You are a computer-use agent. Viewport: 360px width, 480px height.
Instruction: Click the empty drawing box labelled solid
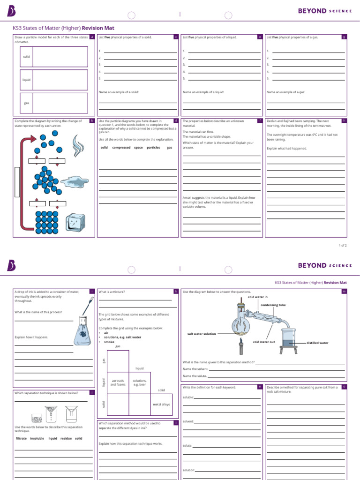[60, 57]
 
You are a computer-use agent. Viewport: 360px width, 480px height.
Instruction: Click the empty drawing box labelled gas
[60, 103]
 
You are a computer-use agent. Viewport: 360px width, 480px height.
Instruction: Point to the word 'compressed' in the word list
[121, 147]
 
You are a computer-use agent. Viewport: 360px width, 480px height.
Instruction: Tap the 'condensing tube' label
[273, 305]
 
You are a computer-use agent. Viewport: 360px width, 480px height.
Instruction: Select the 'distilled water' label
[317, 343]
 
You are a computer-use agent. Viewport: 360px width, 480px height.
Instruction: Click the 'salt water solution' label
[202, 334]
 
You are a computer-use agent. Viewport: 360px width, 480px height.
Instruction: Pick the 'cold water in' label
[257, 297]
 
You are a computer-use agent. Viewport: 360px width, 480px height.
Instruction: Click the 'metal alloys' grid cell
[161, 404]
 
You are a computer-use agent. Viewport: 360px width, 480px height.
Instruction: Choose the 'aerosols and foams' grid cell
[118, 382]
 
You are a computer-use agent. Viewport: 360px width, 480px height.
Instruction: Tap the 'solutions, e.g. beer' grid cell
[140, 382]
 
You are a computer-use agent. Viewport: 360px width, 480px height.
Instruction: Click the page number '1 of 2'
[343, 245]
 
